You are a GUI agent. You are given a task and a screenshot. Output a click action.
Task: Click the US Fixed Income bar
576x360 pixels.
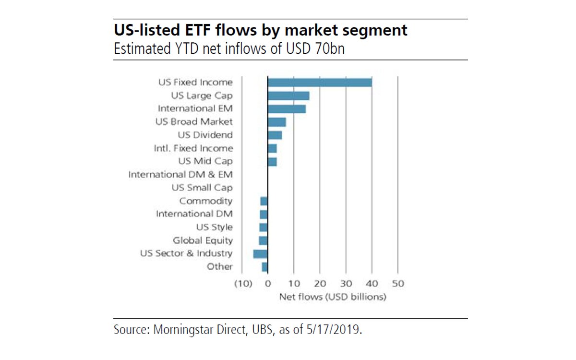click(x=320, y=82)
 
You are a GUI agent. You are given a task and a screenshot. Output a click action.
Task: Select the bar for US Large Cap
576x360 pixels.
click(x=288, y=96)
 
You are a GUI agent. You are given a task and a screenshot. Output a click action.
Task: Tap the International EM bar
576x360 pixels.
click(x=287, y=108)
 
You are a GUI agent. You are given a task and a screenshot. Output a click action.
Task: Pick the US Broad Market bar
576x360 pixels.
click(x=276, y=122)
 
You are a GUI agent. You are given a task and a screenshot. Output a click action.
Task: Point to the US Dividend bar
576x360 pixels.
click(x=275, y=135)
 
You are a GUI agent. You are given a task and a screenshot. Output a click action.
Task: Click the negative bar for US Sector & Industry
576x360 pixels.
click(x=260, y=253)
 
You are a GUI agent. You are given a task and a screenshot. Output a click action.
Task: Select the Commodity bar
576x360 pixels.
click(x=264, y=201)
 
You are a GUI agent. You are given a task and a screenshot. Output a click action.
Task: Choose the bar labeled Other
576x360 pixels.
click(x=265, y=267)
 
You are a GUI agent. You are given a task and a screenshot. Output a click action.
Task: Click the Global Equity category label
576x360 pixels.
click(x=203, y=240)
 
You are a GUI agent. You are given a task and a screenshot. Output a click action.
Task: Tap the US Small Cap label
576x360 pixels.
click(x=202, y=188)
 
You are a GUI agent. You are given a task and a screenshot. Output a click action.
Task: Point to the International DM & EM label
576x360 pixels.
click(x=180, y=175)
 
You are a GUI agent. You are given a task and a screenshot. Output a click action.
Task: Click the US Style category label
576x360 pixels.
click(x=214, y=227)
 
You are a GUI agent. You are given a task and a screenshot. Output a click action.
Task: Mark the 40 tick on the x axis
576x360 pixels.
click(x=372, y=284)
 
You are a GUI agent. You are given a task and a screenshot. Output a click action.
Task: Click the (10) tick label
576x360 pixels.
click(x=243, y=284)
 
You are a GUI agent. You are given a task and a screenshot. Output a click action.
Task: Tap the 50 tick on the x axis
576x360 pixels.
click(x=397, y=284)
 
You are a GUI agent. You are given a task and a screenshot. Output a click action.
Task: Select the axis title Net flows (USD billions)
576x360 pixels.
click(x=333, y=297)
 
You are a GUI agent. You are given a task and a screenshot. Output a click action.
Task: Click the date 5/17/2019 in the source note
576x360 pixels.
click(x=333, y=330)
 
